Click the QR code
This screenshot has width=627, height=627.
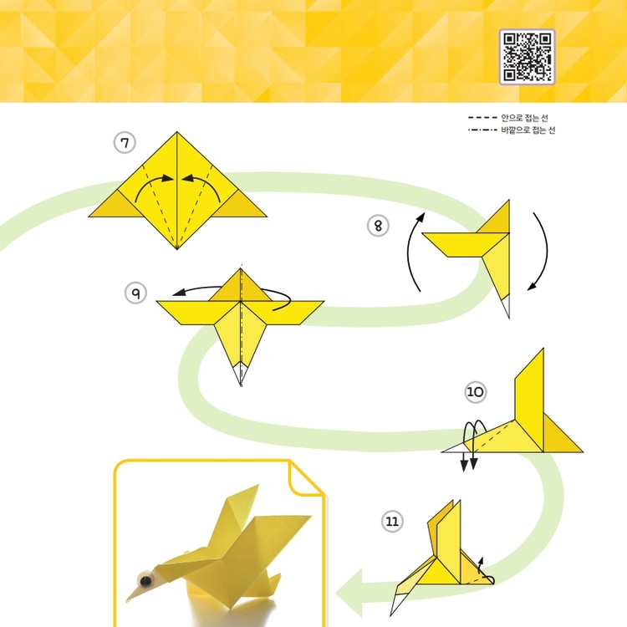pos(527,57)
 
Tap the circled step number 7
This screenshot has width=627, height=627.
pos(125,143)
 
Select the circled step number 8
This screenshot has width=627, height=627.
pos(378,226)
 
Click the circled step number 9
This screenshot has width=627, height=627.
pos(136,293)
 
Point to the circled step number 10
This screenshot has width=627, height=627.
pos(476,392)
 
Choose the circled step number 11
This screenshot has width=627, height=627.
pos(392,522)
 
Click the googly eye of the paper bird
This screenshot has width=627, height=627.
pos(145,579)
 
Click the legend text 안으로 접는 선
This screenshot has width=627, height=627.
pos(525,118)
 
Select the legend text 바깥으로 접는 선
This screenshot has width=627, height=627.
pos(528,130)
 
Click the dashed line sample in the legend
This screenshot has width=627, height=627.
pos(482,118)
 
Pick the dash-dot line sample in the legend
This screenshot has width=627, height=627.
pos(482,130)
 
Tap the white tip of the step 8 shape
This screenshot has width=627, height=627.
pos(506,305)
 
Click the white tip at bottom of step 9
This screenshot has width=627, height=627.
pos(241,373)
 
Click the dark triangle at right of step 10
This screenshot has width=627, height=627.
pos(560,433)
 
